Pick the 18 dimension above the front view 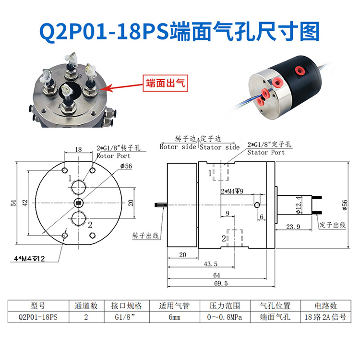tap(79, 149)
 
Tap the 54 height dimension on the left tap(14, 203)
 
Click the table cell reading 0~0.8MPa tap(223, 317)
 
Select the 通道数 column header tap(86, 305)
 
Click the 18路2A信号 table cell tap(324, 317)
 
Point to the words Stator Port tap(265, 152)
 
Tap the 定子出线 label tap(332, 225)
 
